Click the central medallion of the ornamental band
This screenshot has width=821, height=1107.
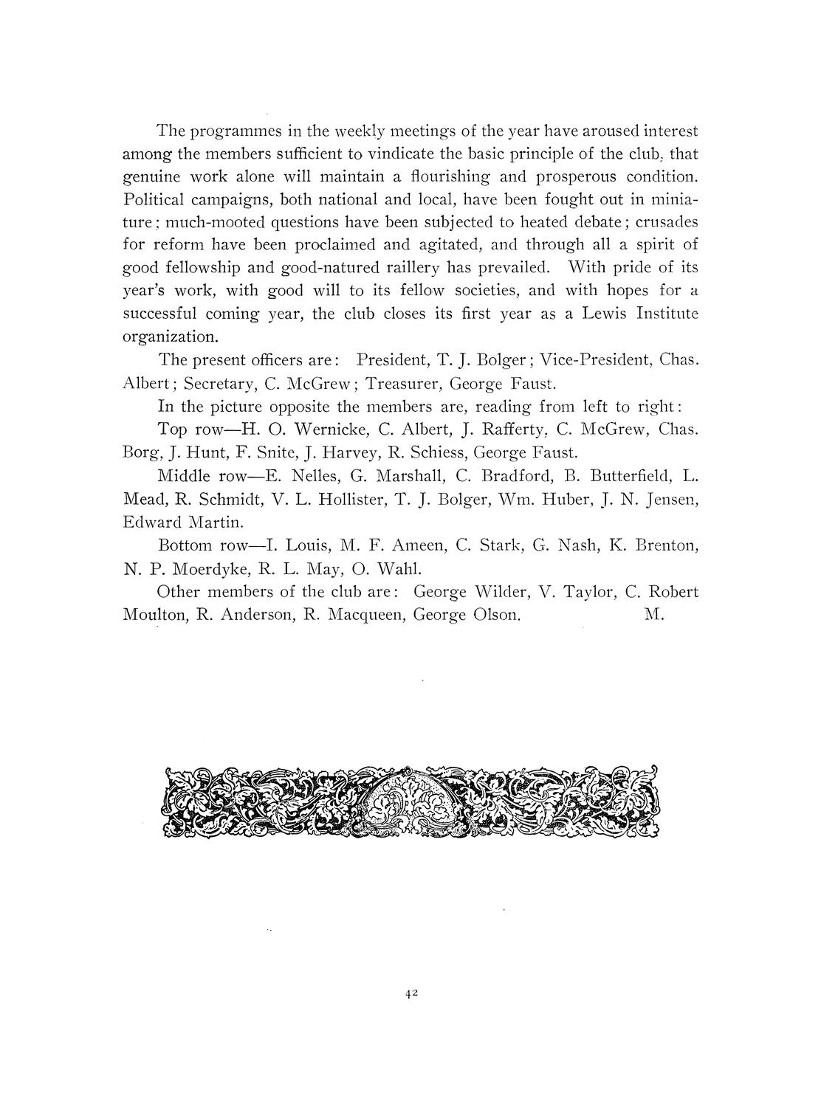click(x=410, y=801)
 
